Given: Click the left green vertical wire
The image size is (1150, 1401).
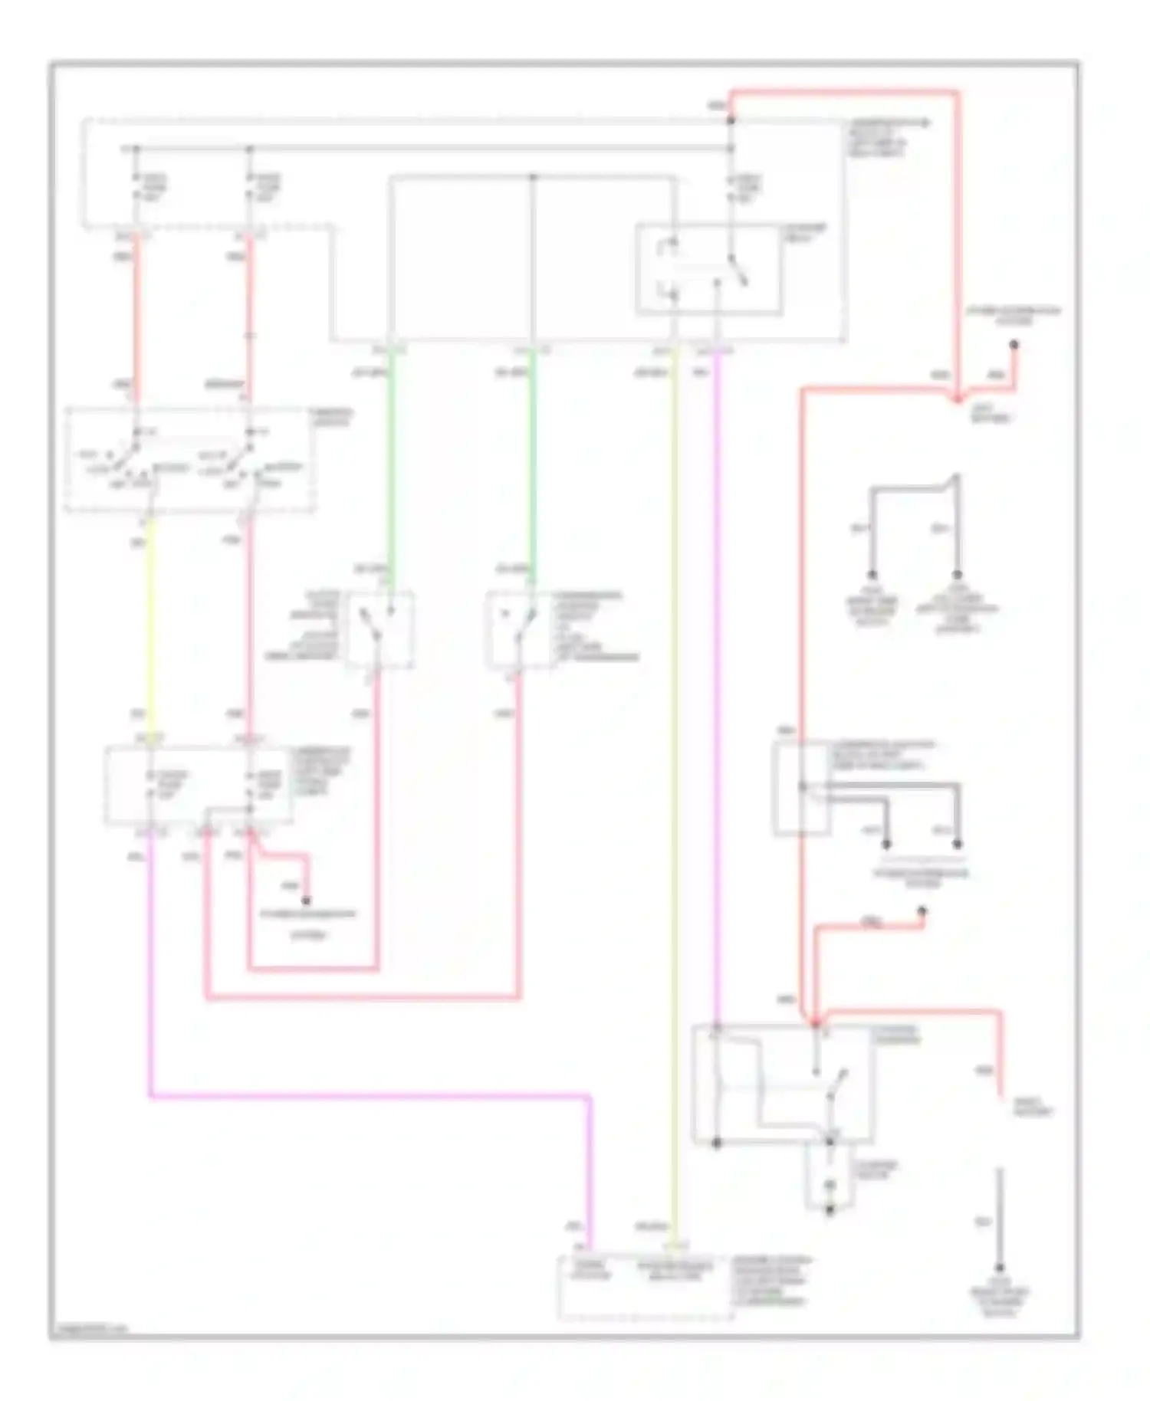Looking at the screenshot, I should point(389,460).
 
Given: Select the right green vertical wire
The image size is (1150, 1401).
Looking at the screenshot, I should point(532,460).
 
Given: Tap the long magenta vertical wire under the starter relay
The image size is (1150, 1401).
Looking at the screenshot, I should point(718,690).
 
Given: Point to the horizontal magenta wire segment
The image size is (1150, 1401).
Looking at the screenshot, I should point(368,1097).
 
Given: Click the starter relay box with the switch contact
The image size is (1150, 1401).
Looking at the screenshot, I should point(709,269).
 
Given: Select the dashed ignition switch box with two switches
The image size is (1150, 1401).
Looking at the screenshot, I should point(190,459).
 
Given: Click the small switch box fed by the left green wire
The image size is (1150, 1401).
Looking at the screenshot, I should point(379,629).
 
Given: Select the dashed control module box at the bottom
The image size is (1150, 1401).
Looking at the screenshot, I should point(646,1287).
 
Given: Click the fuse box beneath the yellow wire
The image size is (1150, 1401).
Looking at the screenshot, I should point(198,786).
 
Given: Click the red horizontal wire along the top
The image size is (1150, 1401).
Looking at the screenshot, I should point(843,92).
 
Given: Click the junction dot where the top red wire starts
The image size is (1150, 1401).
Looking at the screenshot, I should point(731,120).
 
